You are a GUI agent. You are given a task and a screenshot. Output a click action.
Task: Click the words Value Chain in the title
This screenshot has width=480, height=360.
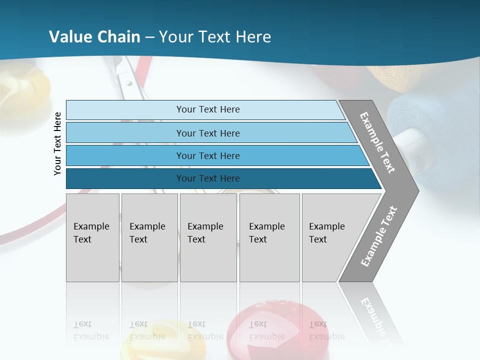(95, 37)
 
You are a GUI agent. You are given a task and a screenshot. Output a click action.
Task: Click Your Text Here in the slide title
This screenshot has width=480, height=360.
(215, 37)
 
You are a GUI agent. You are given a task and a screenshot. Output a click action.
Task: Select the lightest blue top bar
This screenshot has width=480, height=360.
(207, 109)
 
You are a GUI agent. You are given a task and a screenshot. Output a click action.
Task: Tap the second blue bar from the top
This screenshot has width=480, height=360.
(207, 133)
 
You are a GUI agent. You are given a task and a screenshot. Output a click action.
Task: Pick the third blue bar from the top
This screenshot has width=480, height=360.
(207, 155)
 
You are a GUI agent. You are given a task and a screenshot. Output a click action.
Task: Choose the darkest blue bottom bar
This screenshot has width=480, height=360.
(207, 178)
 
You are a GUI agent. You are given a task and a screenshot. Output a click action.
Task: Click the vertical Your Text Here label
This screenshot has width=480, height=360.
(57, 143)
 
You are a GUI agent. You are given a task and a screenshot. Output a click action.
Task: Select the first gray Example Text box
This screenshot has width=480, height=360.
(92, 237)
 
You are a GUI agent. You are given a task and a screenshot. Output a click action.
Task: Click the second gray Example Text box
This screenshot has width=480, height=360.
(149, 237)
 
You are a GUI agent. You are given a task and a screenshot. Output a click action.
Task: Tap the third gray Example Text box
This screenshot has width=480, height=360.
(208, 237)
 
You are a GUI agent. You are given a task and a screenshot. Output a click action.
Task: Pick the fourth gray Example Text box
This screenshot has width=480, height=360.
(269, 237)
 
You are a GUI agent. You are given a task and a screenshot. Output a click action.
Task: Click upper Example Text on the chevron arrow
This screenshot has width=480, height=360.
(378, 142)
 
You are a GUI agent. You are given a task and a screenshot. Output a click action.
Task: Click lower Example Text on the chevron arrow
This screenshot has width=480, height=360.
(379, 236)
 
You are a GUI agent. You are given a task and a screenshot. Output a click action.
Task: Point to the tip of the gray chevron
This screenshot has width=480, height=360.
(417, 191)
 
